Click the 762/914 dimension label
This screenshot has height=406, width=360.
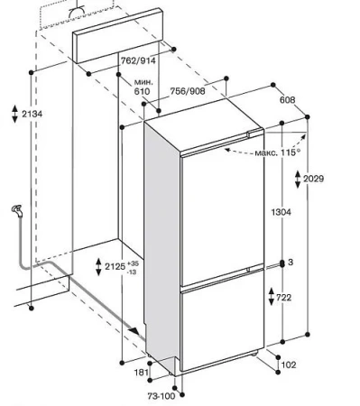coord(138,61)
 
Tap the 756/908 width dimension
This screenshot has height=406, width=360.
coord(188,91)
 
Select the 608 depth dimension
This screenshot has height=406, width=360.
coord(287,100)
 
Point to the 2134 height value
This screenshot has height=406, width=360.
coord(32,114)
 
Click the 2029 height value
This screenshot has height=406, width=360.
coord(313,179)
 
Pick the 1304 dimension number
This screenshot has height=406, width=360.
coord(282,212)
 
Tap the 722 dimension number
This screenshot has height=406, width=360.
coord(283,298)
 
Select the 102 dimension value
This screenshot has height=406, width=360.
coord(289,364)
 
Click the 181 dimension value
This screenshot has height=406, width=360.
coord(142,373)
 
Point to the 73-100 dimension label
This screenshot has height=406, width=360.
coord(162,396)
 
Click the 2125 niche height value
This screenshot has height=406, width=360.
coord(115,266)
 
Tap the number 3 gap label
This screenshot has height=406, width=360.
coord(291,263)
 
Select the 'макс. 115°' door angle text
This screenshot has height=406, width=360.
coord(278,152)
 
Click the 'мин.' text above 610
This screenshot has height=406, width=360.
coord(143,82)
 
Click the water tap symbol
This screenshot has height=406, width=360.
coord(17,210)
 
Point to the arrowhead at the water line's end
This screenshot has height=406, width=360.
coord(134,331)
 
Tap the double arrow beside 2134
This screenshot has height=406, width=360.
coord(15,114)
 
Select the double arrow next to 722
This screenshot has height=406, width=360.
coord(272,297)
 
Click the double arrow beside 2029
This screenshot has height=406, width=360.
coord(298,180)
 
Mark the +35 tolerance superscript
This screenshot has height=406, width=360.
coord(133,263)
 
